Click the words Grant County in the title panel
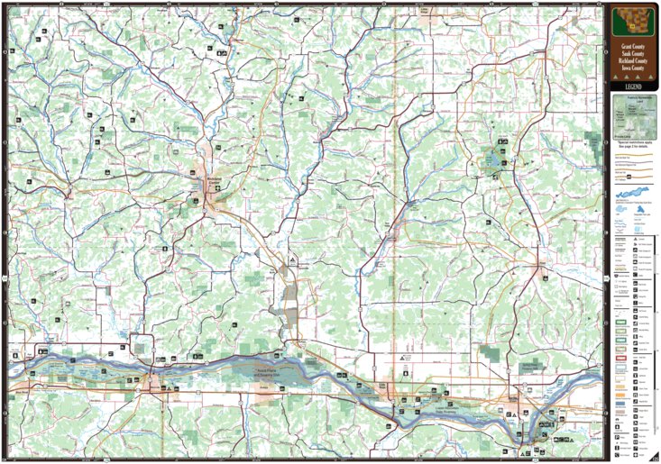631,44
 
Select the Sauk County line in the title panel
631,52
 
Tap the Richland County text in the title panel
631,60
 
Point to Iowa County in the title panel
631,68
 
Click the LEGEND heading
631,86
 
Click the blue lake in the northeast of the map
493,161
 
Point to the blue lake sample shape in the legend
631,196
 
